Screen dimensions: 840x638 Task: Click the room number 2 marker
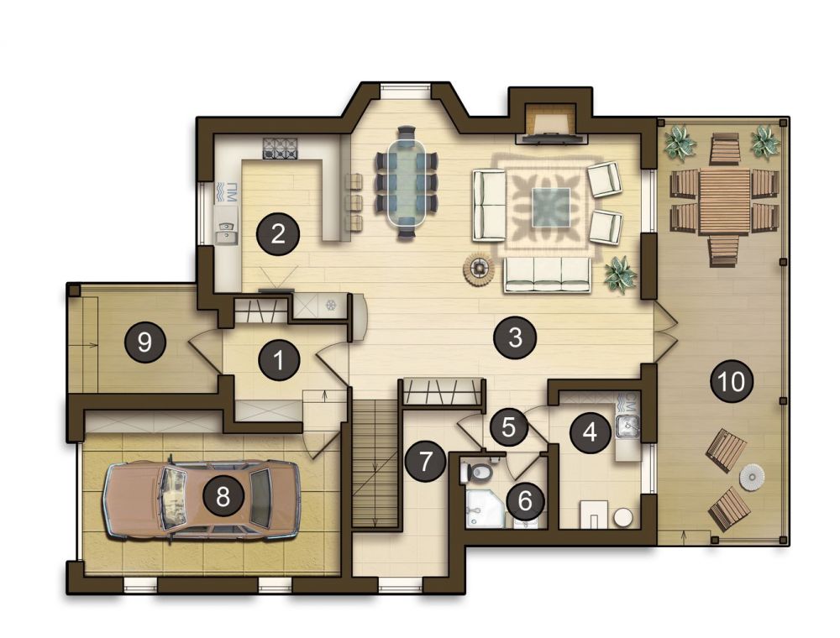pyautogui.click(x=277, y=234)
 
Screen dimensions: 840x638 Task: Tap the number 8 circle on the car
pyautogui.click(x=223, y=497)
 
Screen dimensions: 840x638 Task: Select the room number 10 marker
pyautogui.click(x=732, y=382)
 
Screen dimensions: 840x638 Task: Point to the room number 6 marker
pyautogui.click(x=525, y=500)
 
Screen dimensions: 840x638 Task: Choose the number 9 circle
pyautogui.click(x=144, y=342)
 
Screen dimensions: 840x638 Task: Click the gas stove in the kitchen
pyautogui.click(x=280, y=149)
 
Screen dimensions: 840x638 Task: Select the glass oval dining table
pyautogui.click(x=407, y=182)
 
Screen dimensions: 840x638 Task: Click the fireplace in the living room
pyautogui.click(x=549, y=126)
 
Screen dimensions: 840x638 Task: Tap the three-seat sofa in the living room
pyautogui.click(x=547, y=275)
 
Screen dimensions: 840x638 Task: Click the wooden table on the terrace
pyautogui.click(x=724, y=201)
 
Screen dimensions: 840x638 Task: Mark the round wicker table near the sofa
pyautogui.click(x=479, y=267)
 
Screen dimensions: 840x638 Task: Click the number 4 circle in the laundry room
pyautogui.click(x=590, y=431)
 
